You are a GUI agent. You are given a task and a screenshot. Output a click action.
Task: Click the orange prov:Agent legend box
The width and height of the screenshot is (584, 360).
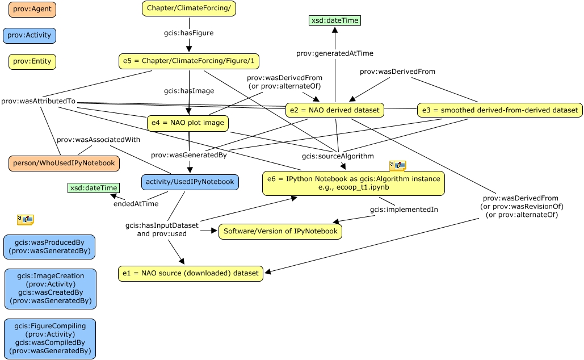pyautogui.click(x=32, y=10)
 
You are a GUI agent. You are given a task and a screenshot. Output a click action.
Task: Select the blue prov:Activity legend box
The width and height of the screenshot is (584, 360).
pyautogui.click(x=30, y=35)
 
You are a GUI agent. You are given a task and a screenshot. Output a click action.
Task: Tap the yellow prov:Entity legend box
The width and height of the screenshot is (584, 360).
pyautogui.click(x=32, y=61)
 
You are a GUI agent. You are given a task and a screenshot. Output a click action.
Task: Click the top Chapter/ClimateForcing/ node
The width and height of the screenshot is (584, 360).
pyautogui.click(x=188, y=9)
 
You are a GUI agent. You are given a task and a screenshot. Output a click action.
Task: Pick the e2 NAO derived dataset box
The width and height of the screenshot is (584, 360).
pyautogui.click(x=335, y=110)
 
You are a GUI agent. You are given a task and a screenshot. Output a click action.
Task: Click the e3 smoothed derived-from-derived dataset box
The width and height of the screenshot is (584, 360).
pyautogui.click(x=499, y=110)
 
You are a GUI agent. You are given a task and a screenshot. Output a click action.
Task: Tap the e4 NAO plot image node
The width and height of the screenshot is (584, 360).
pyautogui.click(x=188, y=123)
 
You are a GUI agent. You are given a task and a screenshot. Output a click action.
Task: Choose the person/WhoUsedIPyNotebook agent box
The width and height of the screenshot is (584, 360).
pyautogui.click(x=64, y=163)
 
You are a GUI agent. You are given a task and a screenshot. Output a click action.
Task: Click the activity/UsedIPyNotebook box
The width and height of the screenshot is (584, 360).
pyautogui.click(x=190, y=182)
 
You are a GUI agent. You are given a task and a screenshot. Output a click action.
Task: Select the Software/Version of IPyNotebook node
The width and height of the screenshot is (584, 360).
pyautogui.click(x=280, y=231)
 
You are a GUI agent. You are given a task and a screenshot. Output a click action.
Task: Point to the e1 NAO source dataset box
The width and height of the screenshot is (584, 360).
pyautogui.click(x=190, y=273)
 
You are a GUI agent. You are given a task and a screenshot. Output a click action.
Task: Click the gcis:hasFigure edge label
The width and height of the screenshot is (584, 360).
pyautogui.click(x=189, y=33)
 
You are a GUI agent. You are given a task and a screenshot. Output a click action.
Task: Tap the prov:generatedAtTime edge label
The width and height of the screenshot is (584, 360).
pyautogui.click(x=335, y=53)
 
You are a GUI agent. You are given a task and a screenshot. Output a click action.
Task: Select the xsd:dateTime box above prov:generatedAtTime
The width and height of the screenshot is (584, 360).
pyautogui.click(x=335, y=20)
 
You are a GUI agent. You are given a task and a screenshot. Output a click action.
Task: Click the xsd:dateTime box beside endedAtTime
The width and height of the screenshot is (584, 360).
pyautogui.click(x=93, y=188)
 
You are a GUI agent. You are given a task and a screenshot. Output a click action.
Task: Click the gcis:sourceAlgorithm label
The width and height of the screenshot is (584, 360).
pyautogui.click(x=338, y=156)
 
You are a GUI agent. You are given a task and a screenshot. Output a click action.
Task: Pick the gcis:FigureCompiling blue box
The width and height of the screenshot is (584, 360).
pyautogui.click(x=50, y=338)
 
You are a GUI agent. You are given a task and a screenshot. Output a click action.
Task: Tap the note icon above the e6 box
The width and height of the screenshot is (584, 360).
pyautogui.click(x=397, y=165)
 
